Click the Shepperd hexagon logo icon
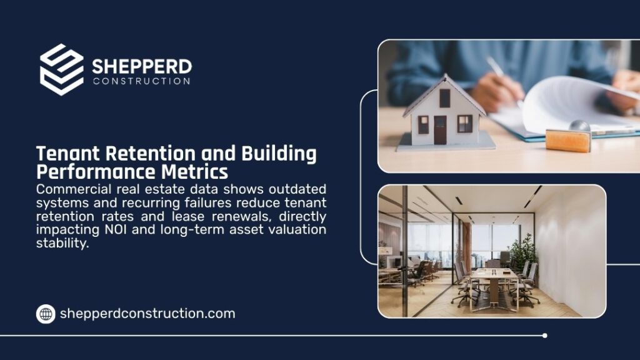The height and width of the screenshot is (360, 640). [61, 69]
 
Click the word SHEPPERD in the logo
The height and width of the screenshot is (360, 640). [142, 66]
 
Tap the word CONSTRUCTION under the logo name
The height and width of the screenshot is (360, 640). [141, 81]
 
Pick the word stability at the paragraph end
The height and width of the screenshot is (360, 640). [62, 243]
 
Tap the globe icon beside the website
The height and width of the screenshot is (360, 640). [46, 314]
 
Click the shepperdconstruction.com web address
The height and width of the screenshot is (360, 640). [147, 314]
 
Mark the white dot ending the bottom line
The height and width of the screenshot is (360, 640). [544, 336]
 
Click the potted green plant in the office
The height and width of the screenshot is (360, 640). [524, 250]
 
